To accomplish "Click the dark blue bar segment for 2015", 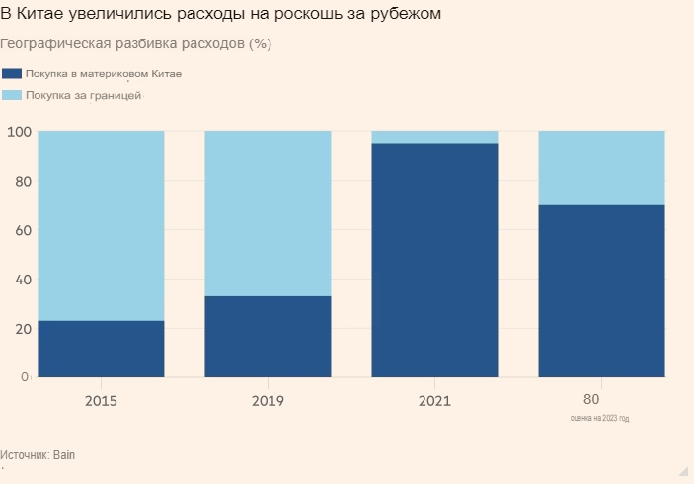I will tap(101, 349).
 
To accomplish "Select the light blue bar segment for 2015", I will tap(101, 225).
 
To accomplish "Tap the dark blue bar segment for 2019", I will tap(268, 337).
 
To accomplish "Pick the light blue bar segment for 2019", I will tap(268, 213).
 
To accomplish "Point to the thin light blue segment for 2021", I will tap(434, 137).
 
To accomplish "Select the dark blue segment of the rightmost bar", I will tap(601, 290).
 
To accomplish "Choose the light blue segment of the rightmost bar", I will tap(601, 168).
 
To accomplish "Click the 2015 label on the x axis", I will tap(101, 401).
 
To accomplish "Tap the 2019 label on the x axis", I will tap(268, 401).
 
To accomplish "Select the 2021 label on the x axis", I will tap(434, 401).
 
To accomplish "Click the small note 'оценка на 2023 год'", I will tap(599, 419).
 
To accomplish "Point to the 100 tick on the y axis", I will tap(19, 132).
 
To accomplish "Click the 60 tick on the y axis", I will tap(22, 230).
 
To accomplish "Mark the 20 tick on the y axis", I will tap(22, 328).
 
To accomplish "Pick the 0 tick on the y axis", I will tap(26, 377).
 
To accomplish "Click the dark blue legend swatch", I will tap(13, 74).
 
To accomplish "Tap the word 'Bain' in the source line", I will tap(64, 455).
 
